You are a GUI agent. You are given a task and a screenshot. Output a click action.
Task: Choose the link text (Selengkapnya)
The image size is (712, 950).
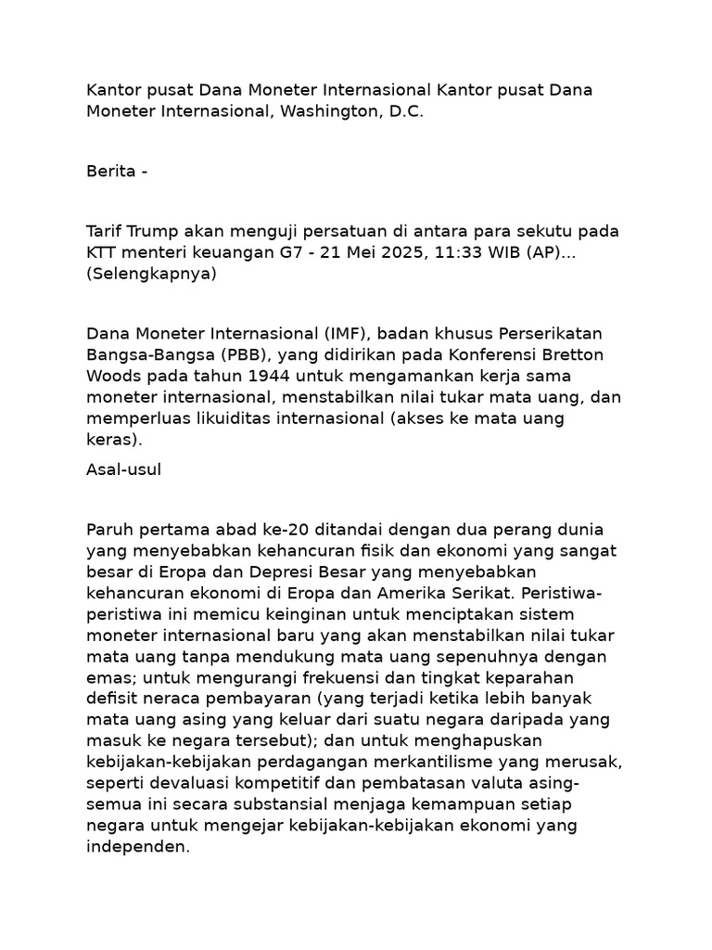[151, 275]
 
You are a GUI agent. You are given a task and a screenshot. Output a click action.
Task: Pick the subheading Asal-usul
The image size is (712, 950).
[123, 469]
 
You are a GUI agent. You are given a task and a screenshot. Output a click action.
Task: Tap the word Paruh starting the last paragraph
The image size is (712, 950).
[108, 529]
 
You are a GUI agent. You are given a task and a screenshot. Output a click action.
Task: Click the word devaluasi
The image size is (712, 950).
[187, 784]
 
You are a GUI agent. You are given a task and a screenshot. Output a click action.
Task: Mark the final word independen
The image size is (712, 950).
[137, 847]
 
